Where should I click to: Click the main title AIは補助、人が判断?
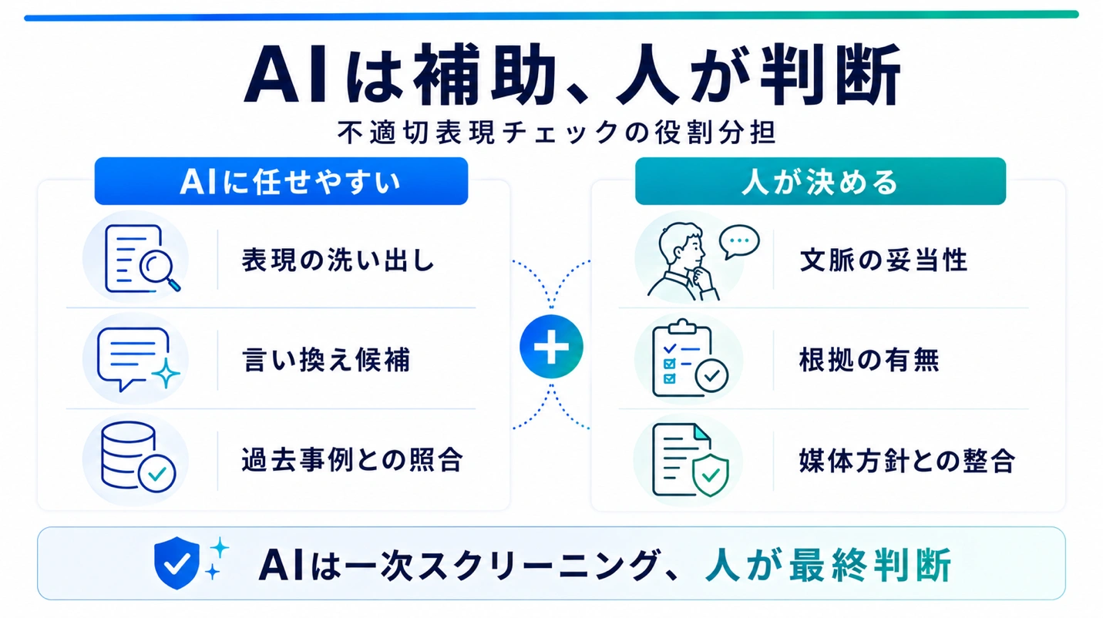(572, 74)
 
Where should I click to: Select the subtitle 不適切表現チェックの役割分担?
(557, 133)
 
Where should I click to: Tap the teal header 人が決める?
(820, 181)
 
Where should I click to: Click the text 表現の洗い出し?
(338, 260)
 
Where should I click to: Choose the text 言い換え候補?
(326, 360)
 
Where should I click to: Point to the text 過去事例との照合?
(352, 460)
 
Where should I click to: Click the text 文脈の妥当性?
(884, 260)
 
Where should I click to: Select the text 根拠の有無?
(869, 360)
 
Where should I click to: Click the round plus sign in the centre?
(552, 346)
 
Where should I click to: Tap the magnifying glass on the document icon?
(159, 270)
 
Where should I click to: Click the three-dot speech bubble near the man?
(739, 241)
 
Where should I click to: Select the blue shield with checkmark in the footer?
(177, 563)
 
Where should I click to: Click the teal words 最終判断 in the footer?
(869, 566)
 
